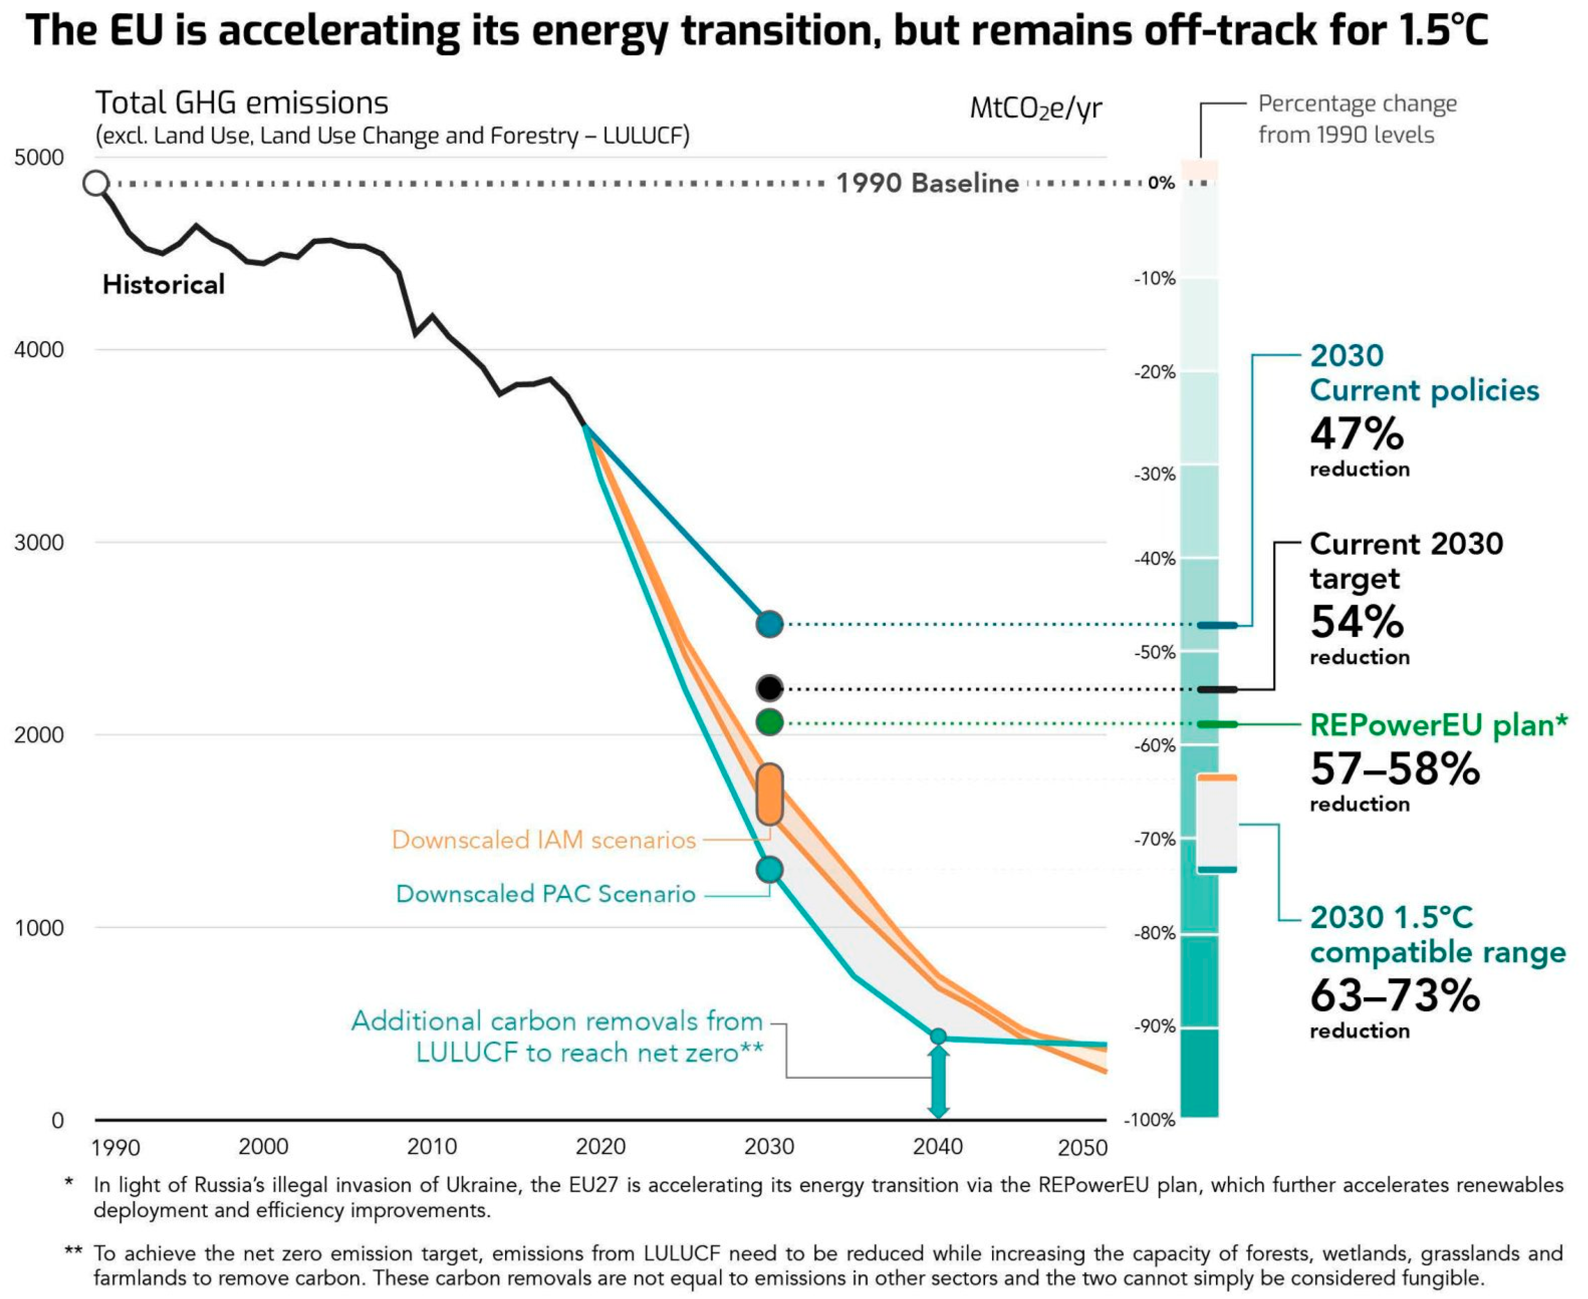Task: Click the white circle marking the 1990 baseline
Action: tap(96, 182)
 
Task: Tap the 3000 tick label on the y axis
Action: tap(39, 543)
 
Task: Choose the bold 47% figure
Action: tap(1357, 433)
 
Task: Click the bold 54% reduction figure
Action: tap(1357, 621)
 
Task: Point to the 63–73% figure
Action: tap(1395, 995)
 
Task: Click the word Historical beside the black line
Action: tap(164, 284)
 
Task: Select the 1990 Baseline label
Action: tap(927, 182)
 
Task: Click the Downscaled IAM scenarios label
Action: tap(544, 839)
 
